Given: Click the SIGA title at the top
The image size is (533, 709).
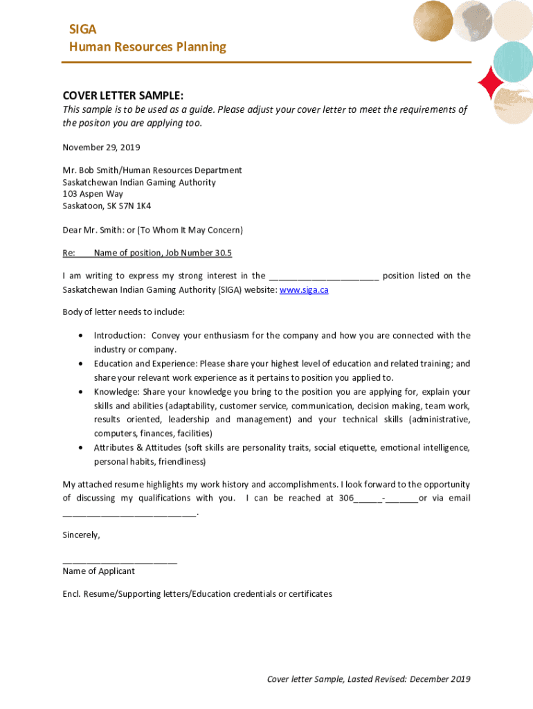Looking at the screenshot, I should coord(82,29).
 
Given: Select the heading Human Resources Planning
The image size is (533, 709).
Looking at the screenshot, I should coord(147,47).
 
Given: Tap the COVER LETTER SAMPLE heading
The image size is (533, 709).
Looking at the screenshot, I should coord(123,96).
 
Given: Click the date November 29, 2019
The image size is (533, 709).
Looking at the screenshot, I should coord(101,147).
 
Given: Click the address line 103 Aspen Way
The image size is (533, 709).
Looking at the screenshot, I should coord(93,195).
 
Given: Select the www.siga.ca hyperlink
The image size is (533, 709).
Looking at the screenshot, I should coord(304,290).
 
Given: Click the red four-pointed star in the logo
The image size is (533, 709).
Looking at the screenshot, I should coord(491,84).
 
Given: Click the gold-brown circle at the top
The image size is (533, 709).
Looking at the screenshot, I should coord(433,21).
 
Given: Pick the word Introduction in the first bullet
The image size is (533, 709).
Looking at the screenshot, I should coord(119,336).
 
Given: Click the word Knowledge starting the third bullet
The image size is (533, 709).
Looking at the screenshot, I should coord(116,392).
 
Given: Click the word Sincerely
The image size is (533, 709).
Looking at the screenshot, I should coord(81,535).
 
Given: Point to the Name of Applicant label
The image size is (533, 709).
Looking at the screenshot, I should coord(99,571).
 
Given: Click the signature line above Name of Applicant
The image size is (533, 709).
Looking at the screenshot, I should coord(120,561).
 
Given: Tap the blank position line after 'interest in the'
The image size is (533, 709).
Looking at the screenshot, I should coord(323,276).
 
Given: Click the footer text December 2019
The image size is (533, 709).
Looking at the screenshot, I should coord(440,679).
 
